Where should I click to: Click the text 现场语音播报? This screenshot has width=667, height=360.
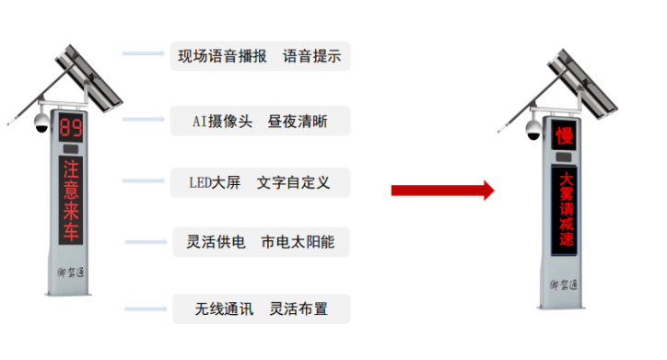tap(223, 56)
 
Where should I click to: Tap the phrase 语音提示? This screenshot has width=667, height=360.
tap(312, 56)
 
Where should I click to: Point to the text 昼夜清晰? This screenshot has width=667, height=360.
tap(297, 121)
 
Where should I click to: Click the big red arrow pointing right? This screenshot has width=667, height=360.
tap(442, 190)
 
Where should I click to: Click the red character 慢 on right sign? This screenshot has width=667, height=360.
tap(564, 136)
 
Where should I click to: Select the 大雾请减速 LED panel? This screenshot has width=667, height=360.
tap(566, 211)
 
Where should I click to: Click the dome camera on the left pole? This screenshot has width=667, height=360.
tap(41, 122)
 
